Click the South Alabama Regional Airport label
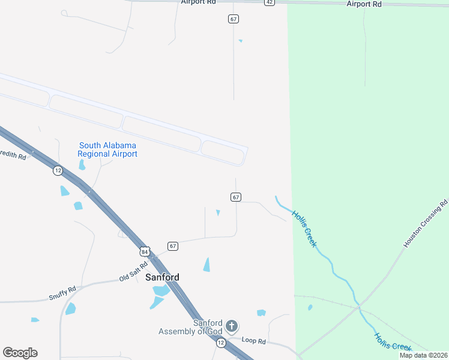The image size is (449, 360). point(108,149)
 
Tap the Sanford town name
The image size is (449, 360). point(162,277)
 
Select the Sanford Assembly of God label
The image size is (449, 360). point(191,327)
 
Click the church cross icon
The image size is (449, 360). point(232,327)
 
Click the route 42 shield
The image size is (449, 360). point(270,2)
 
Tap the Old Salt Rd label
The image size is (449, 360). point(133,272)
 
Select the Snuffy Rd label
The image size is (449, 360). point(62,294)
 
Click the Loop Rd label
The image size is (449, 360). point(253,340)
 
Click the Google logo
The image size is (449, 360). point(20,353)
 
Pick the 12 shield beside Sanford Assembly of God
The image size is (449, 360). point(221,342)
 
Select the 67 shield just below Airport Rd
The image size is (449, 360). point(234,19)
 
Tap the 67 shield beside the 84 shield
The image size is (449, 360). point(173,246)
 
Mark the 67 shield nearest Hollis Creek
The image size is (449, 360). point(236,197)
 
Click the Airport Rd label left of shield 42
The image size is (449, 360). point(198,2)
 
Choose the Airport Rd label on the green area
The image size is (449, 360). point(364,4)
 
